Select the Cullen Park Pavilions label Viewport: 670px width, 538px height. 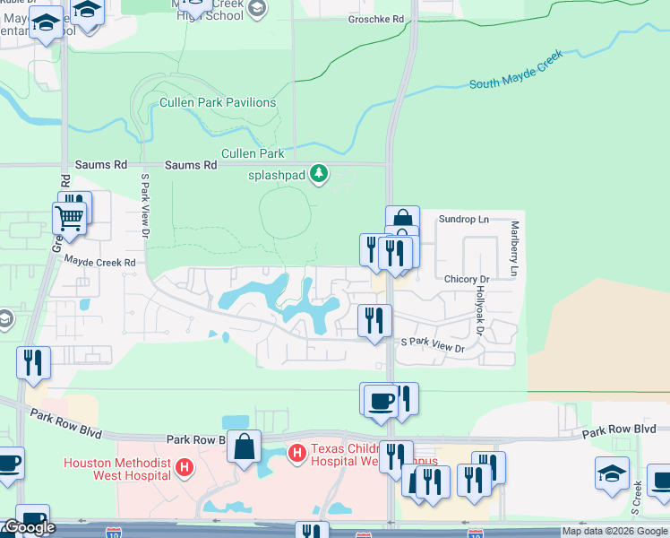[218, 102]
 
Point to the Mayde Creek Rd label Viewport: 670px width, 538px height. [99, 261]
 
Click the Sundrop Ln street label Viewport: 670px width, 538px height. [464, 219]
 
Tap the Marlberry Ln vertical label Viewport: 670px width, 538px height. [515, 248]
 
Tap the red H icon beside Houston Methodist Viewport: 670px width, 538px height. [185, 467]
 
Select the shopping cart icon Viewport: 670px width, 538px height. [69, 216]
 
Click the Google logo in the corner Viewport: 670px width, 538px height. [29, 527]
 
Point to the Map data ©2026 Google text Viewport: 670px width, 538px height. [614, 531]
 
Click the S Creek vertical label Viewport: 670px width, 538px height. [637, 498]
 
